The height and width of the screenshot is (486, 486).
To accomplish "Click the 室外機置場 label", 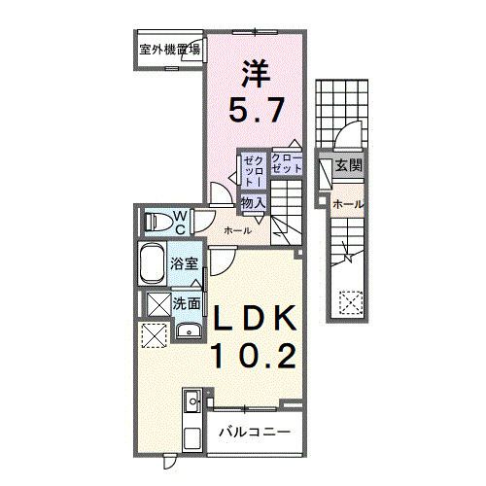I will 168,49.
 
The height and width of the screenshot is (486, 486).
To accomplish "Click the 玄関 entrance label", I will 348,166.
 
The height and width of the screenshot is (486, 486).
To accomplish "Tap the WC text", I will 181,221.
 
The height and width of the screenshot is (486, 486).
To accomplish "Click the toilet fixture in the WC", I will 156,221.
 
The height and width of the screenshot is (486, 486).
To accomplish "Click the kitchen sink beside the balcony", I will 191,399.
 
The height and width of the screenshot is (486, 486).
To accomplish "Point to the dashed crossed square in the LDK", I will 155,335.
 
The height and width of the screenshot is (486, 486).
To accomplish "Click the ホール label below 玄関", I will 348,205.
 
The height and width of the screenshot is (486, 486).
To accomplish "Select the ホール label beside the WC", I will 237,230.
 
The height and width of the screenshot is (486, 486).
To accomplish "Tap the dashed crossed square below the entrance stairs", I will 348,302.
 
